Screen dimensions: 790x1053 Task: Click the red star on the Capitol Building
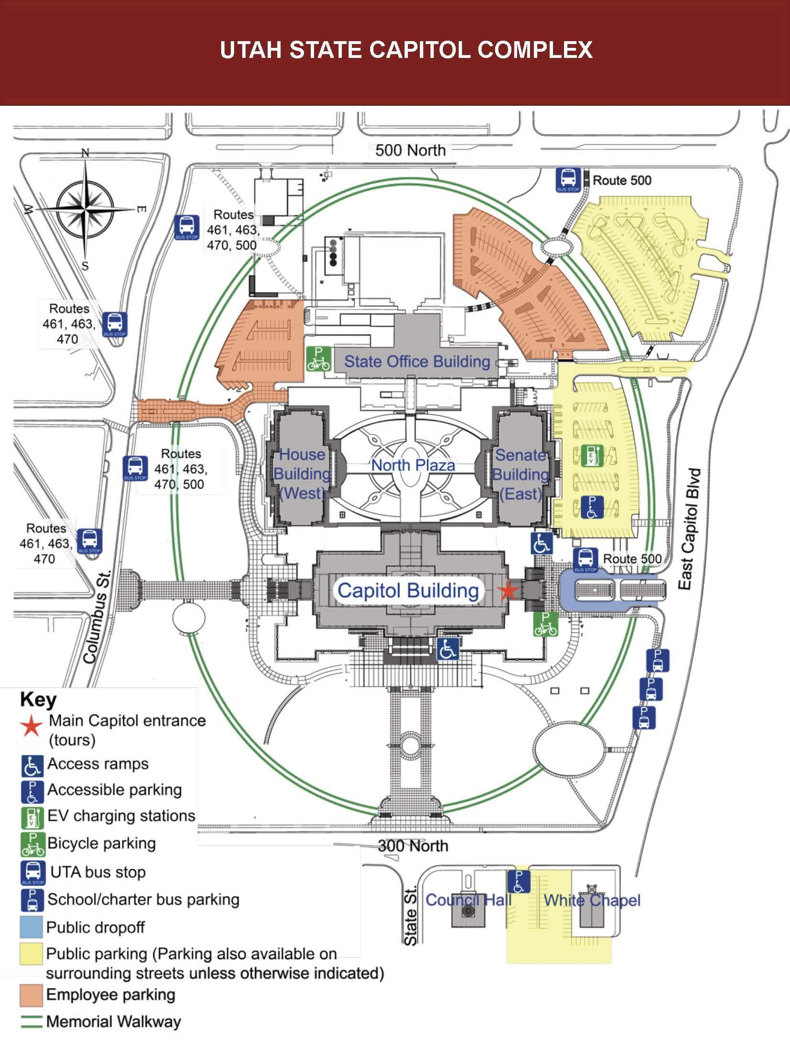(508, 591)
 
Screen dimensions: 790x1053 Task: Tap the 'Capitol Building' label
(408, 591)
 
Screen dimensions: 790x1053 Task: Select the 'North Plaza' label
(413, 465)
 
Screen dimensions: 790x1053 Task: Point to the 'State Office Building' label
(417, 362)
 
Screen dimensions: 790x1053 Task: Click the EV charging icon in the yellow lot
(591, 456)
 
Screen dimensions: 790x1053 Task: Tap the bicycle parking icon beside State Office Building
(319, 359)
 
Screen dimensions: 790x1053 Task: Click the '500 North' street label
(410, 151)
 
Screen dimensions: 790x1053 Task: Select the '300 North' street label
(413, 846)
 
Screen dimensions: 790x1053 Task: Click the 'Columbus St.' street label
(97, 616)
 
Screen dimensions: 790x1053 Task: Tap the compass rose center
(85, 209)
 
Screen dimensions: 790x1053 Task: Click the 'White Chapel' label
(592, 900)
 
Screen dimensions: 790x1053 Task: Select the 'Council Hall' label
(468, 900)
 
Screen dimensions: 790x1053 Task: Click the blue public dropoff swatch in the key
(31, 927)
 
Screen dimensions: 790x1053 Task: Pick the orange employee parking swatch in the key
(31, 995)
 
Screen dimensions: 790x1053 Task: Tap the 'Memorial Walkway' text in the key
(113, 1022)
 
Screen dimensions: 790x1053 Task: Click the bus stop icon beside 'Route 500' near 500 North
(568, 180)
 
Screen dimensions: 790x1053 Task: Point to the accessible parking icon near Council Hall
(519, 882)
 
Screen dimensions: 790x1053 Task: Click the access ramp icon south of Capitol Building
(448, 649)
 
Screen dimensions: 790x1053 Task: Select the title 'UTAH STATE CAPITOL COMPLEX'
(406, 50)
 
